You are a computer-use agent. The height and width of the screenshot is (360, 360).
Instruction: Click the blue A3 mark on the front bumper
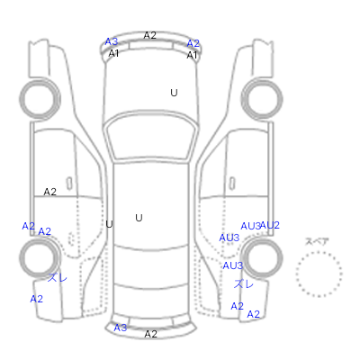[112, 41]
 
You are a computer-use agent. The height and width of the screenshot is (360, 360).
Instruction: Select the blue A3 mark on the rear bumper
[121, 328]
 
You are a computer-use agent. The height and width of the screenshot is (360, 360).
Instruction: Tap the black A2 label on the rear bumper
[151, 334]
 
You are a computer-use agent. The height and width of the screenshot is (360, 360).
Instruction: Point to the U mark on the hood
[174, 93]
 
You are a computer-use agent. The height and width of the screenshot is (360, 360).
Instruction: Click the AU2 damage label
[270, 225]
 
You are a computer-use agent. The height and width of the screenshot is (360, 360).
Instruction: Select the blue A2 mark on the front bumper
[193, 43]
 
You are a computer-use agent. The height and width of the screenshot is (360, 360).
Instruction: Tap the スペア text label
[317, 241]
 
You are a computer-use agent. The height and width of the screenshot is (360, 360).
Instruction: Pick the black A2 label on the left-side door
[50, 192]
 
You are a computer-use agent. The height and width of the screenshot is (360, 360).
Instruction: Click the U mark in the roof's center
[139, 218]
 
